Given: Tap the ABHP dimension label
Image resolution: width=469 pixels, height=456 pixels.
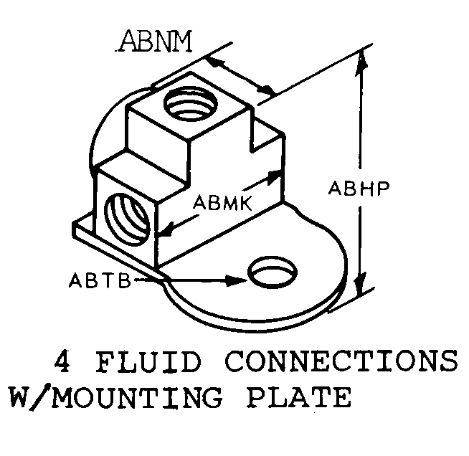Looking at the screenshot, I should [359, 189].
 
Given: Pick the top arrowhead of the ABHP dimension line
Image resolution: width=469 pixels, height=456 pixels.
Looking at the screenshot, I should [364, 61].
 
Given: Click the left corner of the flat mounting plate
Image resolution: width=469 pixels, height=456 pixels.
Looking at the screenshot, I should [76, 228].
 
